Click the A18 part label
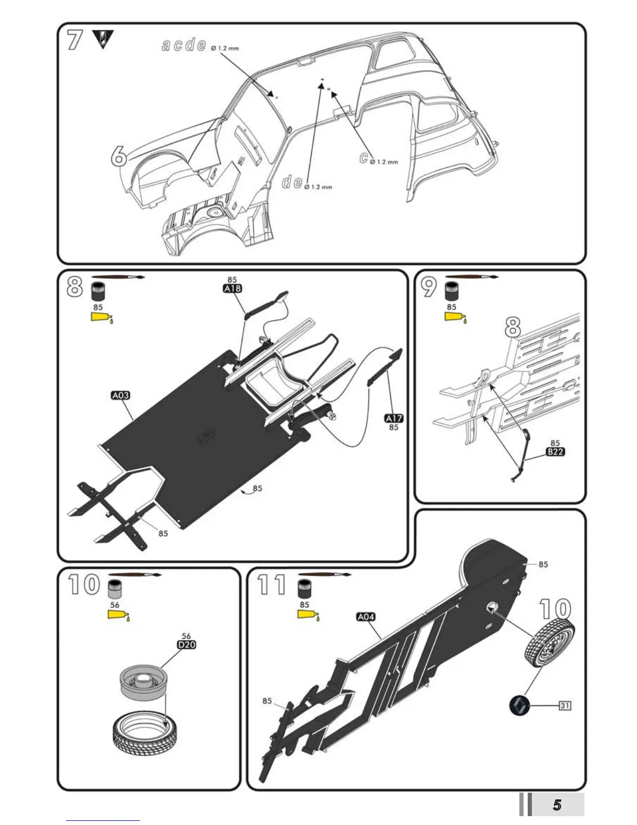pyautogui.click(x=232, y=289)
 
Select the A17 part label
pyautogui.click(x=394, y=418)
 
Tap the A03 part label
pyautogui.click(x=121, y=395)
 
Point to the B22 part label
pyautogui.click(x=555, y=452)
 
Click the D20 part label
pyautogui.click(x=187, y=645)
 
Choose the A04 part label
pyautogui.click(x=366, y=617)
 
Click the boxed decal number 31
pyautogui.click(x=565, y=706)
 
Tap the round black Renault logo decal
pyautogui.click(x=519, y=705)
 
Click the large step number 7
pyautogui.click(x=75, y=41)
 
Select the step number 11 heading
pyautogui.click(x=272, y=585)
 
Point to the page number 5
pyautogui.click(x=557, y=806)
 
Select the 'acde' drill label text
pyautogui.click(x=184, y=45)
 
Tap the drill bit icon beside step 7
pyautogui.click(x=102, y=39)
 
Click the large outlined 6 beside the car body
pyautogui.click(x=119, y=155)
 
